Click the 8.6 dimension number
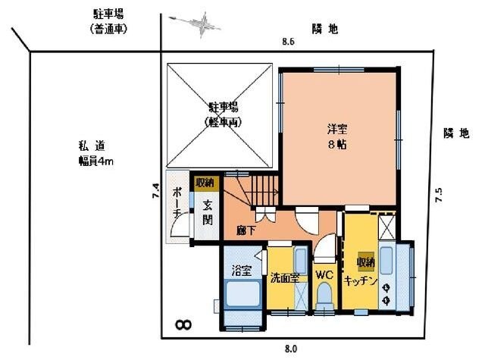click(287, 42)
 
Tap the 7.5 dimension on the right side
click(439, 195)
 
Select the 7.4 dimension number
click(155, 193)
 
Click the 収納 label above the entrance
click(205, 183)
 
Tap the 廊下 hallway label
click(245, 228)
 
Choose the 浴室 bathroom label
click(241, 268)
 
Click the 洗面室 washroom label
click(284, 277)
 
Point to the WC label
click(324, 274)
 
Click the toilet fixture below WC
click(325, 295)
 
